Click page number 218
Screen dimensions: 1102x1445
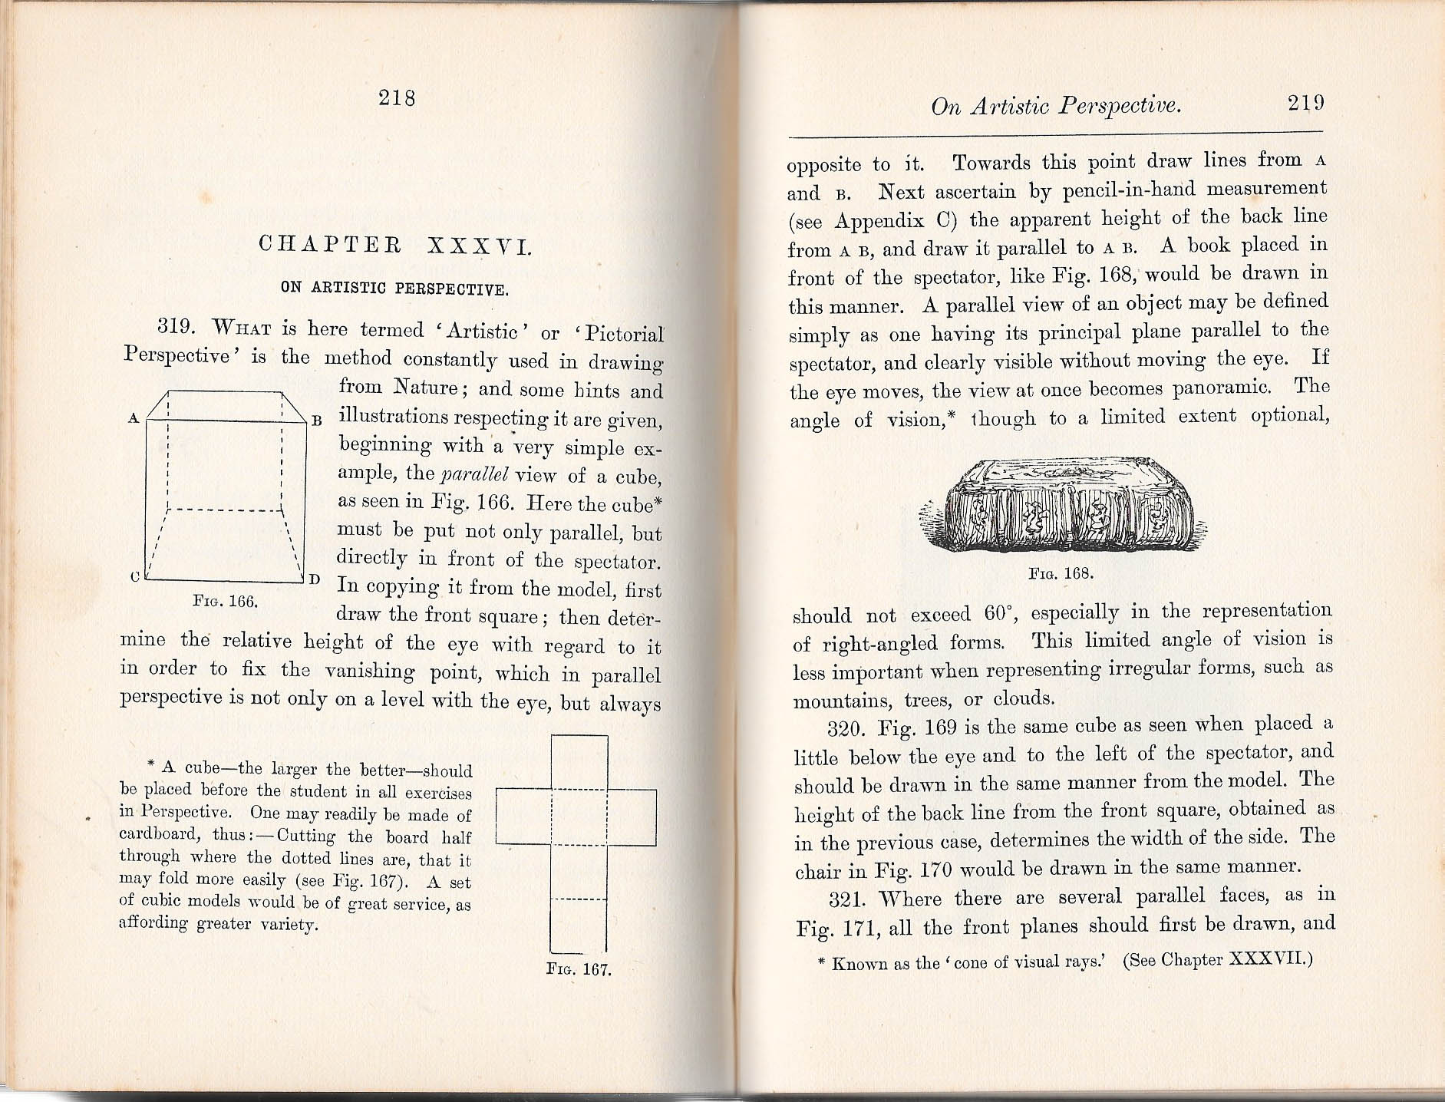(397, 98)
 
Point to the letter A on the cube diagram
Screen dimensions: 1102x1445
(134, 419)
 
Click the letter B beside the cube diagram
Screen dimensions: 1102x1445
(316, 421)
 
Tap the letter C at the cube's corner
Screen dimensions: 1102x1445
(134, 578)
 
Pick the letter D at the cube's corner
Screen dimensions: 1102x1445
(315, 579)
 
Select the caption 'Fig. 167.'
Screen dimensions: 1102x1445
(579, 969)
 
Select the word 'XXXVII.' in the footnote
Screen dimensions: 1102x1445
(1270, 959)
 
